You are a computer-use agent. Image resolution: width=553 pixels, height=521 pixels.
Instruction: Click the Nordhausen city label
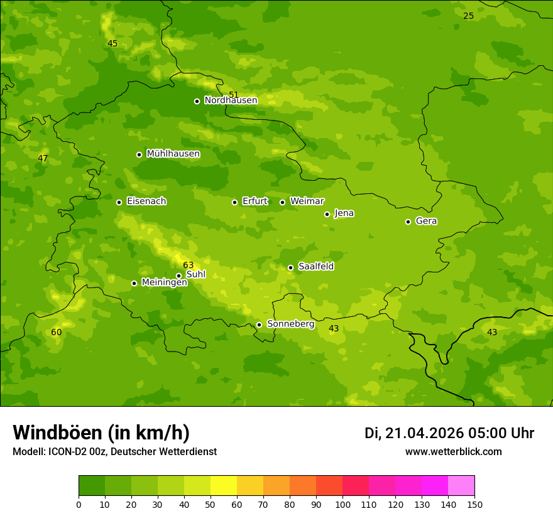231,100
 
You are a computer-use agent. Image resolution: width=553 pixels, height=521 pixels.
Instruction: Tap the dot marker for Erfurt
234,202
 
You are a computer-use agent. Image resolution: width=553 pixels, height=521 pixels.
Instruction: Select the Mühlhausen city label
173,154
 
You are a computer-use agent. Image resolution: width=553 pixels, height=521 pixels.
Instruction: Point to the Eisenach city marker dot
119,202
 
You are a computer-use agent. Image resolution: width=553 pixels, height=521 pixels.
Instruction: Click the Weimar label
307,201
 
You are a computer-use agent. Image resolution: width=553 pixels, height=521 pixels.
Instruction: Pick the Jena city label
344,213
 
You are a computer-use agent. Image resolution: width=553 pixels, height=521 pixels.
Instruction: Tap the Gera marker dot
408,222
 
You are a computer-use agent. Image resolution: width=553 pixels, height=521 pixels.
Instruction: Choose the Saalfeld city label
315,267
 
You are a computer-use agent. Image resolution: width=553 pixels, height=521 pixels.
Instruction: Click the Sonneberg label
290,324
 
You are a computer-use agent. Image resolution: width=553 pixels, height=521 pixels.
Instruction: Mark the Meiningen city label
164,282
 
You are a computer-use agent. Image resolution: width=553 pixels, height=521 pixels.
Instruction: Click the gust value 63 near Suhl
189,266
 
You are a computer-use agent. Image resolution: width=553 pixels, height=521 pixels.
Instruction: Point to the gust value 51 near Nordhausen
234,95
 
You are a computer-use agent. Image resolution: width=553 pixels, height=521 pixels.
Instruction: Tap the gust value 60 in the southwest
57,332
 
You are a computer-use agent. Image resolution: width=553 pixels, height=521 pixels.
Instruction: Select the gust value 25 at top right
468,16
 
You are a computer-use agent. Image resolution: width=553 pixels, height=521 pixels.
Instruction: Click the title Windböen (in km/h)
101,432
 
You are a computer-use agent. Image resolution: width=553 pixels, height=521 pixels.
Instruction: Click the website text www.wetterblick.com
453,451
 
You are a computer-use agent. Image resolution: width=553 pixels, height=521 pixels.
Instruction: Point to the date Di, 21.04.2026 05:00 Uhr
449,433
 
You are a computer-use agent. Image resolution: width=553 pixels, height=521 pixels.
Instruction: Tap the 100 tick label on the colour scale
342,504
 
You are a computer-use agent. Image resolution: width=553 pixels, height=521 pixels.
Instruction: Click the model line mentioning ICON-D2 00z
114,451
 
